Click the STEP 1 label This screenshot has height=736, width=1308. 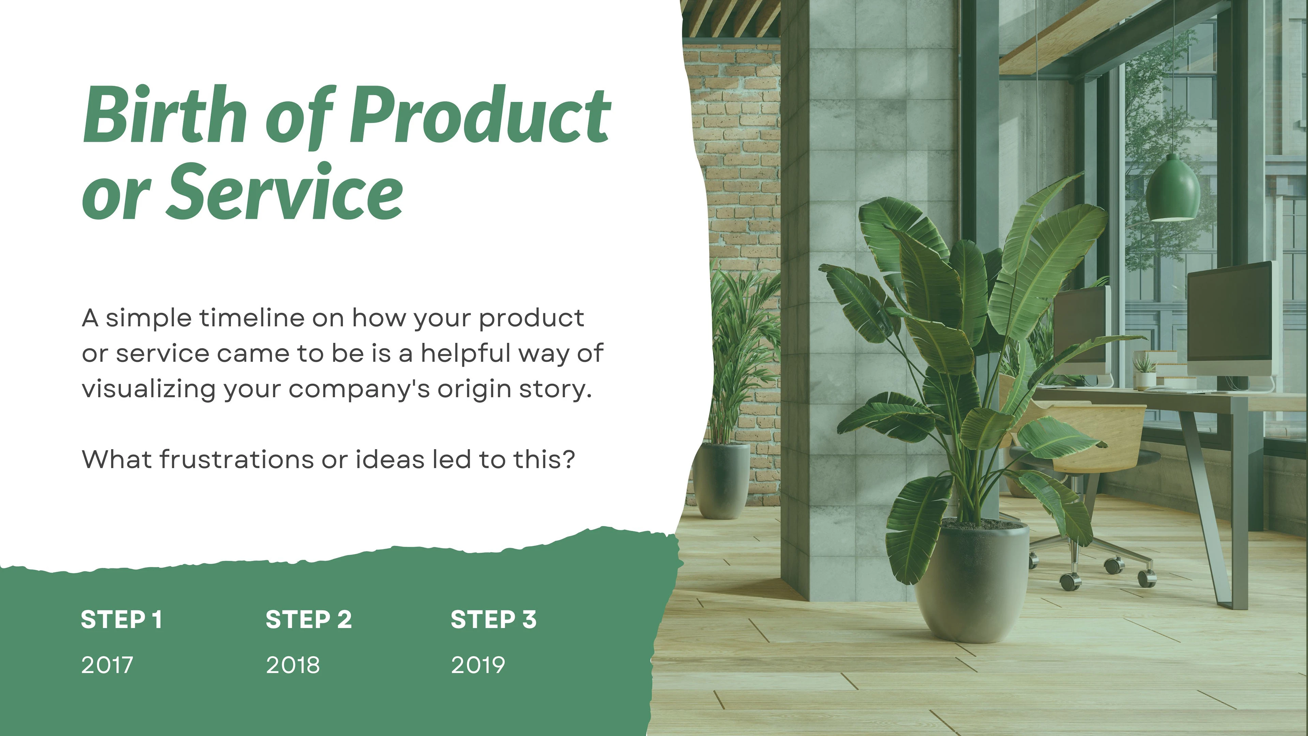tap(121, 620)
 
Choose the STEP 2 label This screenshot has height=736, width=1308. tap(309, 620)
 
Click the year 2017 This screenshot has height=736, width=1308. tap(107, 665)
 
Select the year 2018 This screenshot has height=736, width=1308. tap(293, 665)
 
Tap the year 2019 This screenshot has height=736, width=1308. tap(478, 665)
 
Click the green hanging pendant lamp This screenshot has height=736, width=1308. tap(1173, 188)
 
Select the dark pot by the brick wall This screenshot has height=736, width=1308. tap(721, 480)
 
